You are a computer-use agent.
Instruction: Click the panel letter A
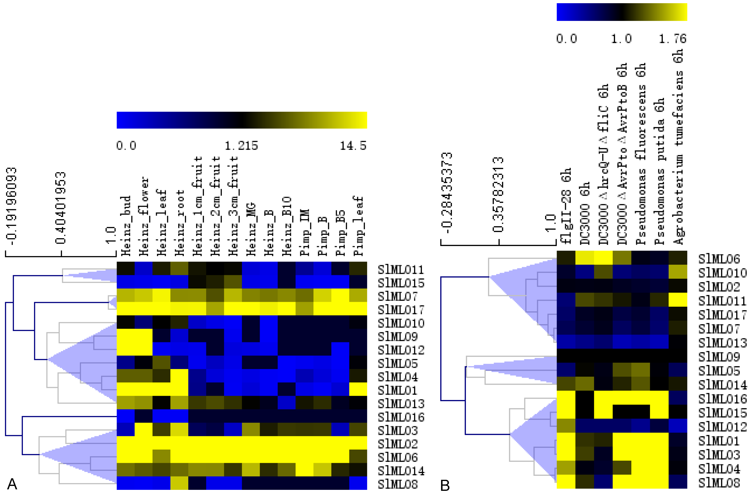point(12,484)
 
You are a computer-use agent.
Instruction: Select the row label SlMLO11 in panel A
point(401,269)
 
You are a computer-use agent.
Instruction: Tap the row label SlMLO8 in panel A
point(398,484)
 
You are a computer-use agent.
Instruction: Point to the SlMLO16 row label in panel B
point(722,399)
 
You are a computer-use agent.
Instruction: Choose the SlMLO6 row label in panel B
point(719,259)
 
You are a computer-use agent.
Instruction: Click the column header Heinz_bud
point(126,226)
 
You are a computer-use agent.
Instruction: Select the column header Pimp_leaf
point(358,226)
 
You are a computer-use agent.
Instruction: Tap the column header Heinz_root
point(179,222)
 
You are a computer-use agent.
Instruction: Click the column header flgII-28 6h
point(565,206)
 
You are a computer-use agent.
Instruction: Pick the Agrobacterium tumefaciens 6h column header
point(678,146)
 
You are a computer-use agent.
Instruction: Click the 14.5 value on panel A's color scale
point(353,146)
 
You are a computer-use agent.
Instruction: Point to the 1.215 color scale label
point(242,146)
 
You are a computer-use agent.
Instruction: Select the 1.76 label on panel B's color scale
point(673,39)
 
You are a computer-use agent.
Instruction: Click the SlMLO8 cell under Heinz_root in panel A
point(179,483)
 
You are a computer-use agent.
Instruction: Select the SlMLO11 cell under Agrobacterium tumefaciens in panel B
point(678,300)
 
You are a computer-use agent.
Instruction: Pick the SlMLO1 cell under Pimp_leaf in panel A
point(358,389)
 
